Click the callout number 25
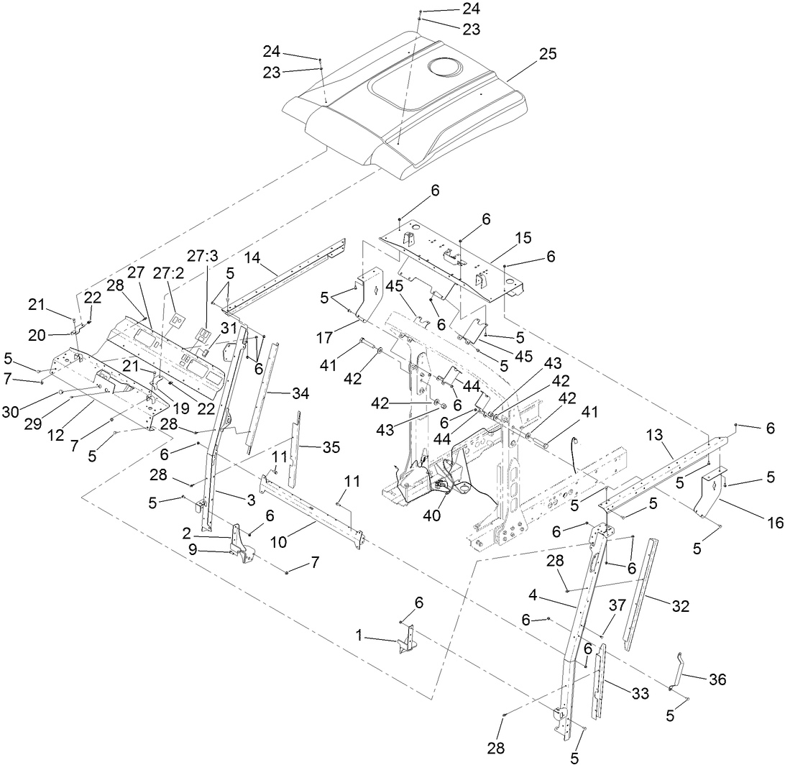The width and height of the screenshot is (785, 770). click(548, 55)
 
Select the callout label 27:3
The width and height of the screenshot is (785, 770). click(202, 257)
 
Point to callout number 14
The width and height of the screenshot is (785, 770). click(251, 257)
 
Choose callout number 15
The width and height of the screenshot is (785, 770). click(523, 237)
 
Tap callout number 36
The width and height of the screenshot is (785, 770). click(717, 679)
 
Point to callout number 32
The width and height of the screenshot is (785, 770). click(680, 607)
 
